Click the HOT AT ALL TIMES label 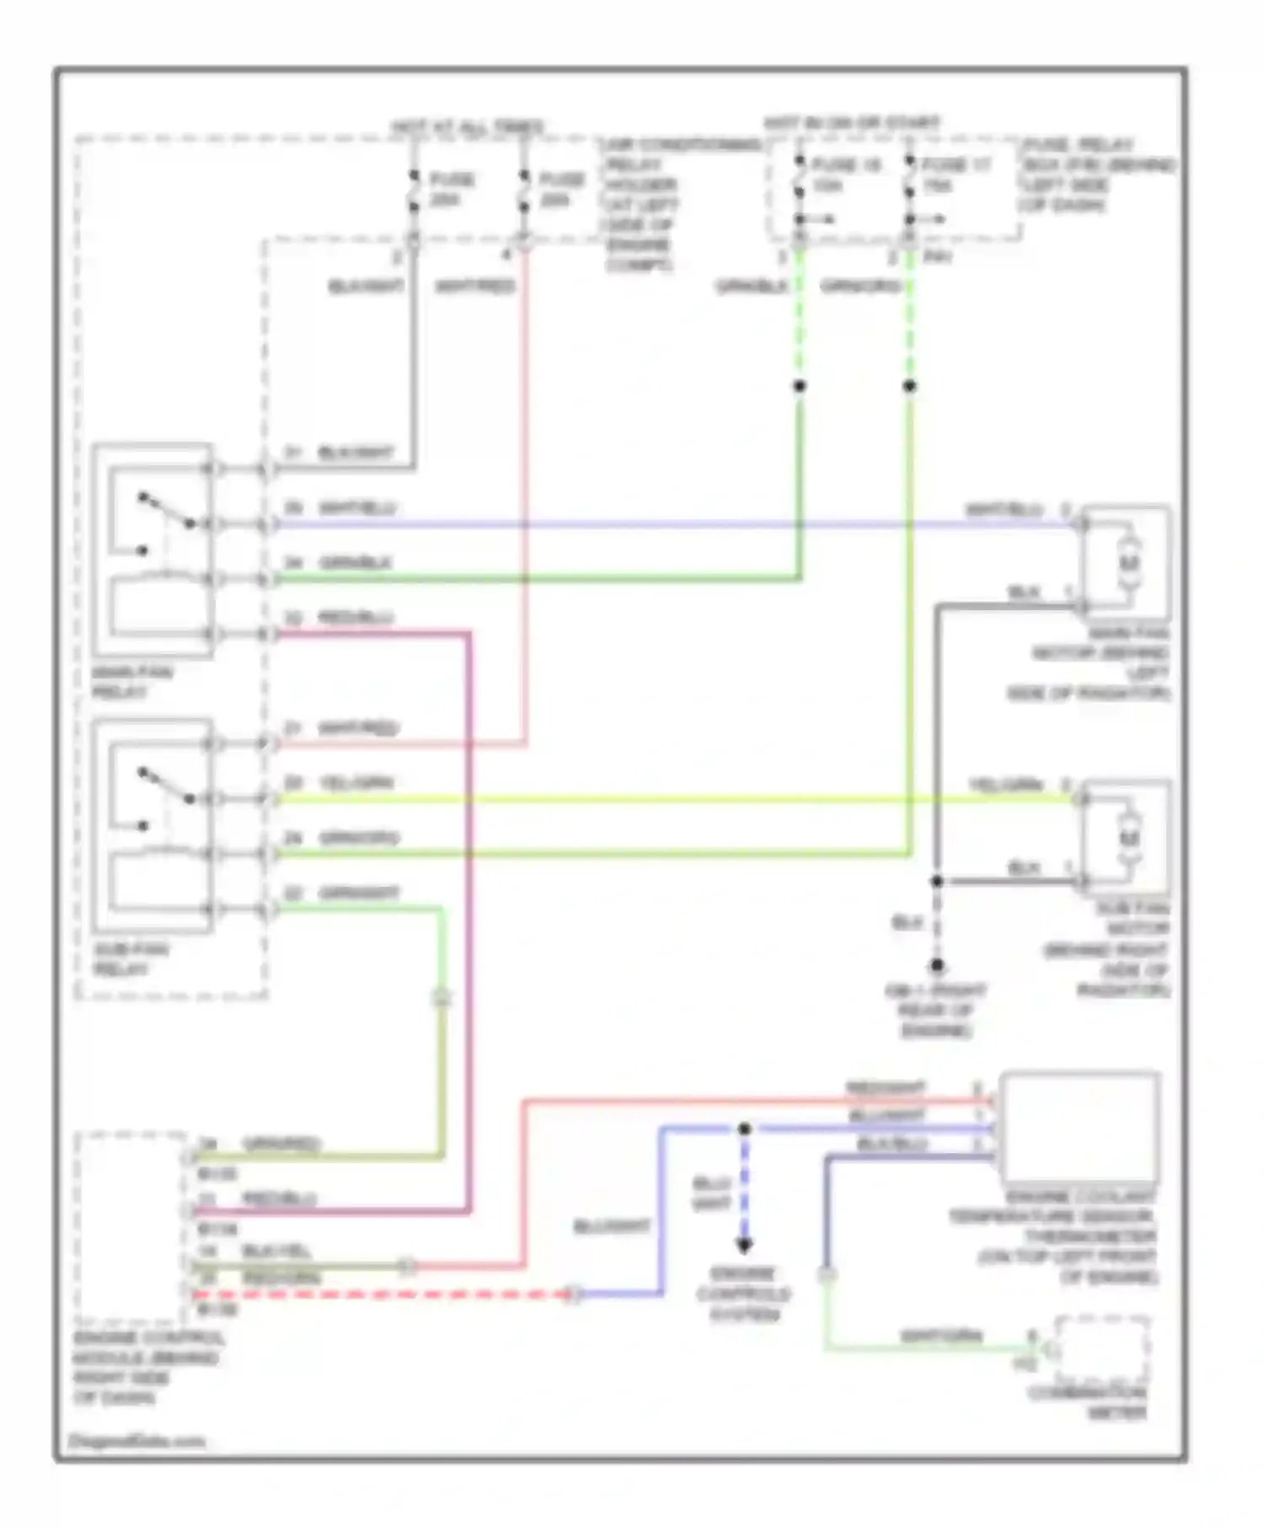pos(469,127)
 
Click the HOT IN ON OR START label pos(851,123)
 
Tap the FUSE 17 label pos(956,166)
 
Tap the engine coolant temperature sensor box pos(1079,1128)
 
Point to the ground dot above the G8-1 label pos(936,966)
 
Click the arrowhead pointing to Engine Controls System pos(744,1245)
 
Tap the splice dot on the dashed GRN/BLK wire pos(800,386)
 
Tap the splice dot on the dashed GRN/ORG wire pos(909,386)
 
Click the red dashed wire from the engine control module pos(379,1293)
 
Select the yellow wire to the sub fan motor pos(674,798)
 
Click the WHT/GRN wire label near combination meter pos(941,1337)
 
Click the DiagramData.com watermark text pos(137,1441)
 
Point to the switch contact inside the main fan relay pos(166,512)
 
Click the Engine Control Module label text pos(147,1367)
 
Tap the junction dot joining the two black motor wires pos(936,882)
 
